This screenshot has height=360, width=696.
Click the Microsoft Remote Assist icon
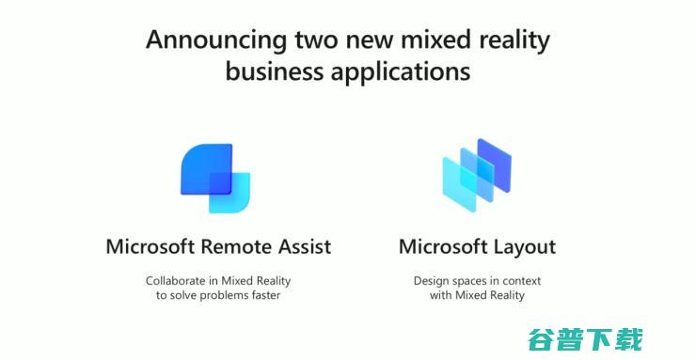click(x=215, y=179)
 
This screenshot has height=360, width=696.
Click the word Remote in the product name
click(x=225, y=247)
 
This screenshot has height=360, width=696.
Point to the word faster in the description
click(x=264, y=295)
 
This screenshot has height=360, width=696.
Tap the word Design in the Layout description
click(x=432, y=280)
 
